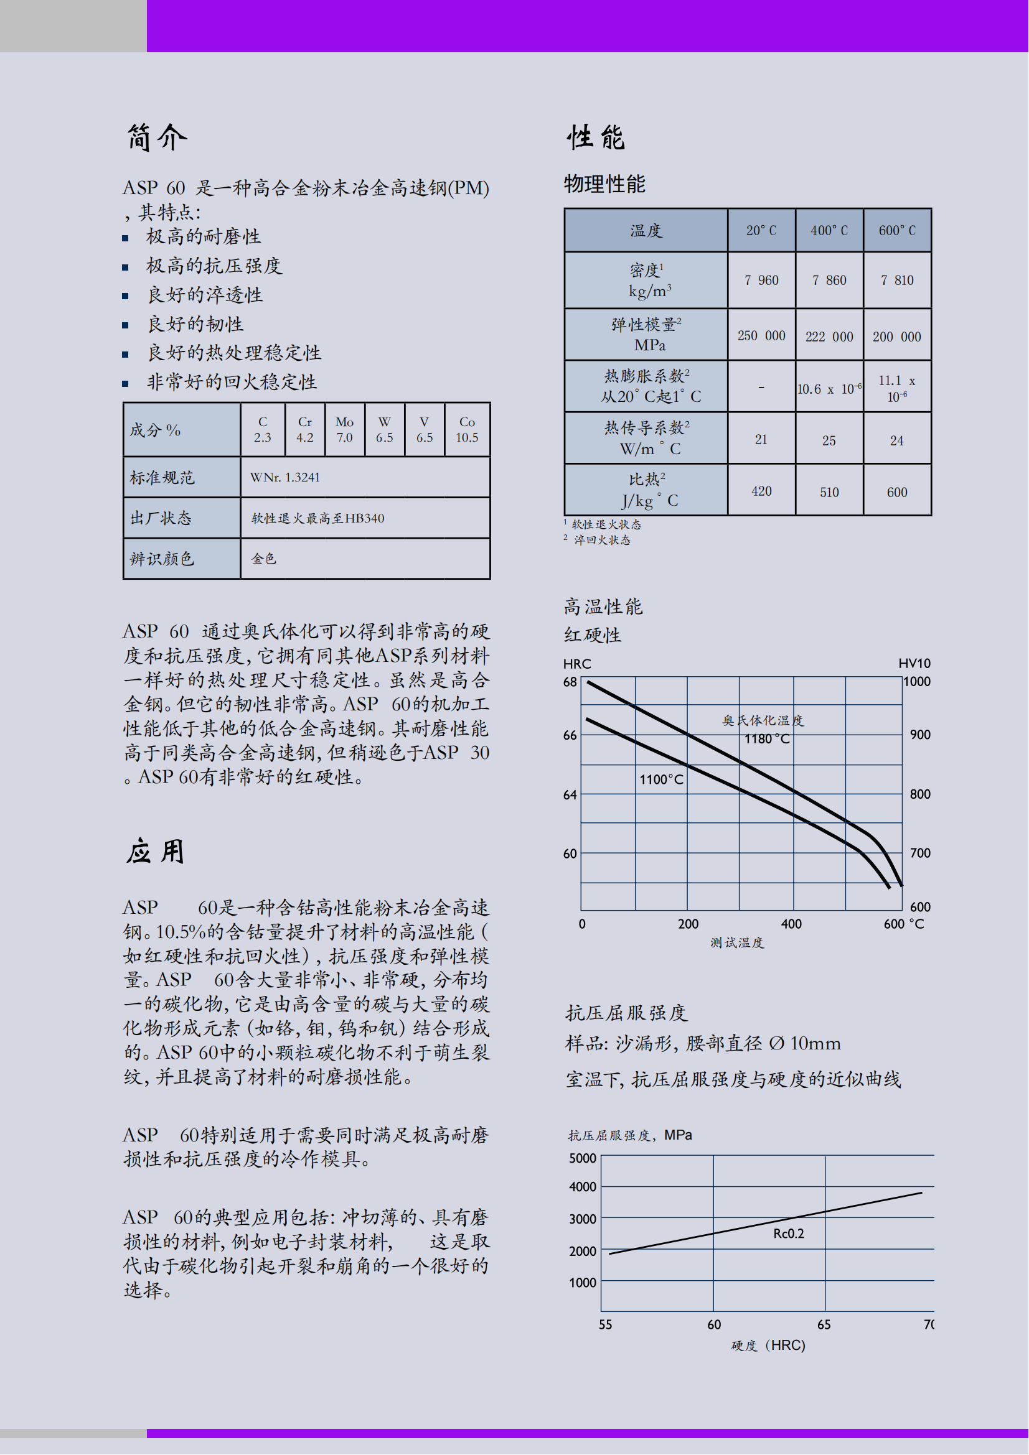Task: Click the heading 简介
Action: coord(157,137)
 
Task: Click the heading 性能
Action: coord(596,137)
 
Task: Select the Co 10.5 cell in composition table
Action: coord(467,430)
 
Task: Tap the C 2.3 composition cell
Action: coord(263,430)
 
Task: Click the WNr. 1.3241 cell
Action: coord(285,477)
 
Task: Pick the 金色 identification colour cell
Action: coord(264,558)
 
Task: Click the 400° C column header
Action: coord(829,231)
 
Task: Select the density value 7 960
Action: coord(761,280)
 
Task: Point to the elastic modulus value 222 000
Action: coord(829,337)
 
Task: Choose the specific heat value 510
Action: coord(829,492)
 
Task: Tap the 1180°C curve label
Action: coord(766,739)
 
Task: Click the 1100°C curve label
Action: coord(660,779)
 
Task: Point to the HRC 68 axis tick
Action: coord(570,682)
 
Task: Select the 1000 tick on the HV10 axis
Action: coord(917,682)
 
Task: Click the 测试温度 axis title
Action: coord(736,943)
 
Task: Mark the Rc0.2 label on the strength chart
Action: coord(788,1233)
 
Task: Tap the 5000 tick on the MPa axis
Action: coord(583,1158)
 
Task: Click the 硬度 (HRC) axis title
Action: coord(768,1345)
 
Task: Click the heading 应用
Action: coord(156,852)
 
